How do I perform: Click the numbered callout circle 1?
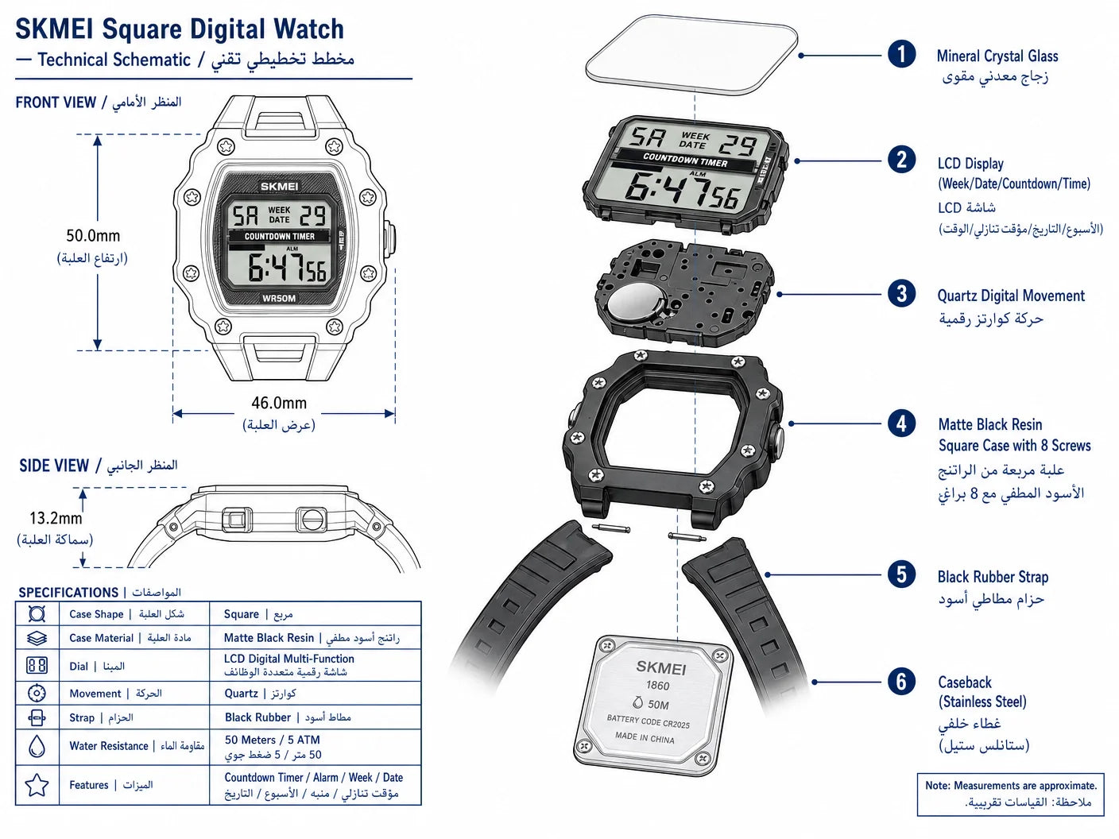[x=901, y=54]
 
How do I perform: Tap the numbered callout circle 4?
[x=901, y=423]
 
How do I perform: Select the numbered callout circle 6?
[x=901, y=682]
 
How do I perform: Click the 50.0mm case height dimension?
[x=93, y=235]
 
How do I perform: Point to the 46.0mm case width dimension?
[x=279, y=403]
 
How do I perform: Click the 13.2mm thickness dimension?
[x=56, y=518]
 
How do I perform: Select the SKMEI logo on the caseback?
[x=660, y=667]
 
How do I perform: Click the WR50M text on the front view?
[x=279, y=299]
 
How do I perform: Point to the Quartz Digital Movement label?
[x=1011, y=296]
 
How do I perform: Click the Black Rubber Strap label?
[x=993, y=577]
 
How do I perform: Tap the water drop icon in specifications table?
[x=37, y=746]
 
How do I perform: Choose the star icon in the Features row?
[x=37, y=785]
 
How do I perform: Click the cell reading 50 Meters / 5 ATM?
[x=273, y=740]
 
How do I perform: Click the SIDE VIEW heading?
[x=54, y=466]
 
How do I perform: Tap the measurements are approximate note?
[x=1010, y=795]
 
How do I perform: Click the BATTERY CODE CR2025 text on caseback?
[x=648, y=721]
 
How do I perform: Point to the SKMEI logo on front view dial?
[x=279, y=187]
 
